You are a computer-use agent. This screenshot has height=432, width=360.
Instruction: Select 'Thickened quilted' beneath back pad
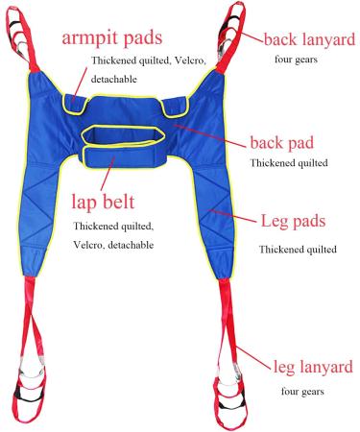(289, 163)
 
